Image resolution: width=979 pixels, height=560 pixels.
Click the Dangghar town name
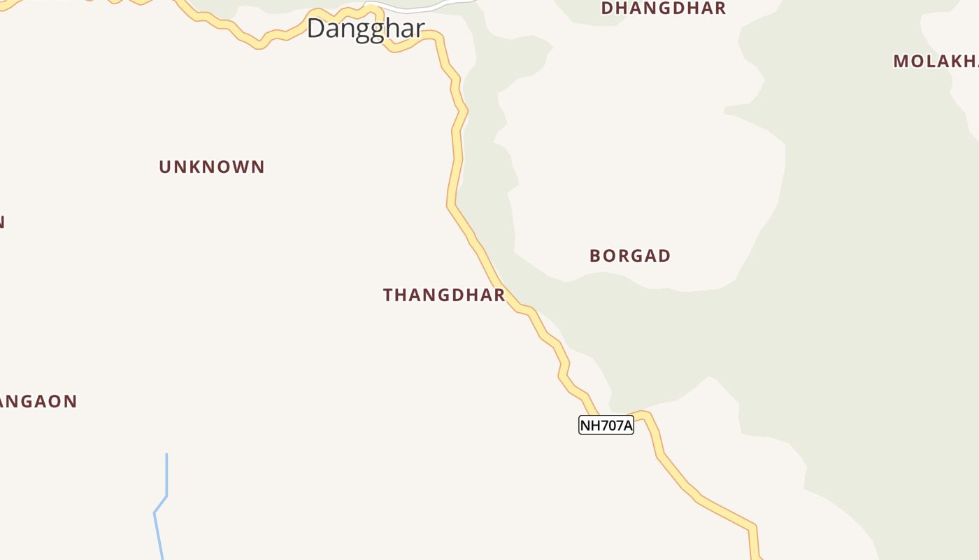point(365,29)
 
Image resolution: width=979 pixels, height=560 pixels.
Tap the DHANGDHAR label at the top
point(664,8)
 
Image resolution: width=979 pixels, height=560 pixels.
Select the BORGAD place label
point(630,255)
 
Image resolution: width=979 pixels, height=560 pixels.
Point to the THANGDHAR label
point(444,295)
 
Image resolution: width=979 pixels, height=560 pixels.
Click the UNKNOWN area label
point(212,167)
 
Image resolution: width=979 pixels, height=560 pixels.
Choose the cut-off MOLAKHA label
point(936,61)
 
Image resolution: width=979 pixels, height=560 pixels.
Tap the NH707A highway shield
point(606,425)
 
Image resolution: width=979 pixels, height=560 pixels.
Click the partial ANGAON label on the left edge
point(38,401)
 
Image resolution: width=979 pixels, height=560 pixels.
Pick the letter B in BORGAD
point(595,255)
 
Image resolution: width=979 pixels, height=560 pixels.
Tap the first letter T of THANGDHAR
point(388,295)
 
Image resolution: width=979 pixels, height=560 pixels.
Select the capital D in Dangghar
point(316,29)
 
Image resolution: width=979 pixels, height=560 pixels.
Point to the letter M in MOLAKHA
point(901,61)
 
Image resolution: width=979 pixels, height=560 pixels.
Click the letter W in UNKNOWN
point(241,167)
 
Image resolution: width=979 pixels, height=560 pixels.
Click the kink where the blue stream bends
point(166,496)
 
